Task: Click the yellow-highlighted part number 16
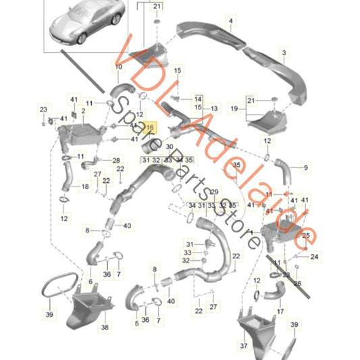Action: [150, 127]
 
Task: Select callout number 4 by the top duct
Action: [230, 21]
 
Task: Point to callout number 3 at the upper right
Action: [284, 53]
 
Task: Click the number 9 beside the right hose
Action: [305, 168]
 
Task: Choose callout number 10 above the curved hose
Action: [119, 66]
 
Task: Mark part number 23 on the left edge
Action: [44, 109]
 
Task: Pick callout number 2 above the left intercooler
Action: [83, 111]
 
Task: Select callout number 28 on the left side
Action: [115, 160]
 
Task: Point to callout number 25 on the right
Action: [306, 236]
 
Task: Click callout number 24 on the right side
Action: [312, 255]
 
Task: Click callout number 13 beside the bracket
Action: [214, 109]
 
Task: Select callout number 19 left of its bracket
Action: [235, 108]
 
